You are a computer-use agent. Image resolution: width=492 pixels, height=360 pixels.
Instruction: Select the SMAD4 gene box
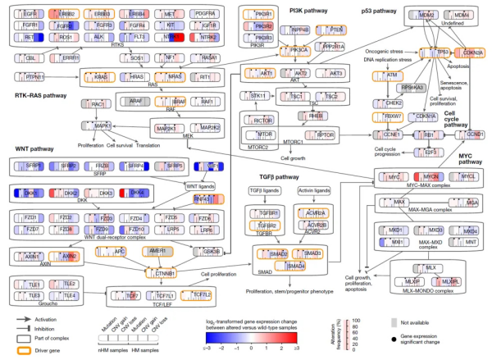(295, 266)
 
